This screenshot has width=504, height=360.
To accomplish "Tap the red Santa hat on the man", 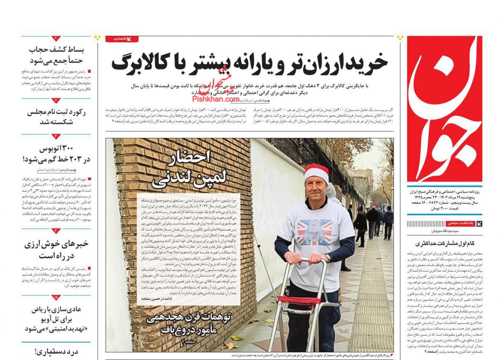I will (x=316, y=172).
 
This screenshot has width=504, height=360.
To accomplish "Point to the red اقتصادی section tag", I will (x=122, y=39).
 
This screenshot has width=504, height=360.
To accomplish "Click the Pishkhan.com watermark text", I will (x=216, y=98).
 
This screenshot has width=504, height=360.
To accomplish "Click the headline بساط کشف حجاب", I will (x=56, y=55).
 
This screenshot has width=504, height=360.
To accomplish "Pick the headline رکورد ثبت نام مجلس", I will (x=56, y=117).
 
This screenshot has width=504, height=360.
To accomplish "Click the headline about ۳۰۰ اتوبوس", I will (x=56, y=154).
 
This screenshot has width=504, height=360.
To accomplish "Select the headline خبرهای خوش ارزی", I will (x=56, y=249).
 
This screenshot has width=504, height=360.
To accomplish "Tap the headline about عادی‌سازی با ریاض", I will (x=56, y=318).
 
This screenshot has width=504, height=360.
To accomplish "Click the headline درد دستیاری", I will (x=56, y=352).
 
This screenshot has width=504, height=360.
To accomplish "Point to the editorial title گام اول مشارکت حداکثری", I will (x=444, y=243).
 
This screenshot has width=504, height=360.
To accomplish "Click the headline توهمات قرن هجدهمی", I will (x=189, y=323).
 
